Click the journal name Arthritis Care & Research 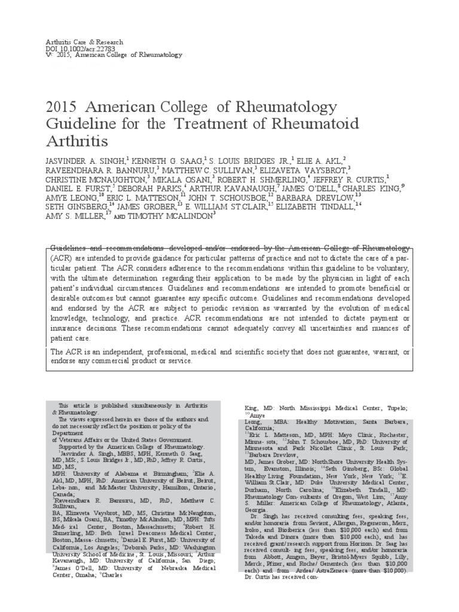click(84, 42)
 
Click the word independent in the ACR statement click(112, 351)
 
